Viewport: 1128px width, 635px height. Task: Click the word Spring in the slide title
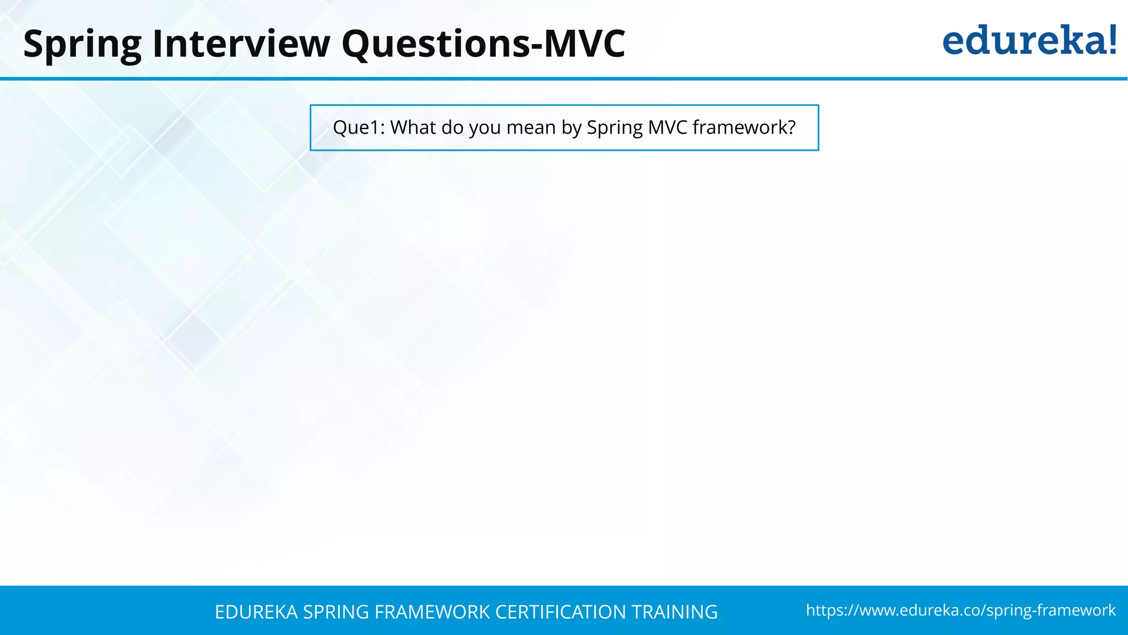(x=82, y=44)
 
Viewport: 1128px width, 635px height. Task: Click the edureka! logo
(x=1029, y=41)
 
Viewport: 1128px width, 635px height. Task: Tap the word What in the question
(x=413, y=128)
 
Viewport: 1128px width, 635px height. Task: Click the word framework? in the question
(x=744, y=128)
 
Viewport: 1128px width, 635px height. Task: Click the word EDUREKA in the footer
(x=256, y=612)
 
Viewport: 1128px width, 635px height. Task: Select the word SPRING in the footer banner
(x=336, y=612)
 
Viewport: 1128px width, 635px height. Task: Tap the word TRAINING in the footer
(x=675, y=612)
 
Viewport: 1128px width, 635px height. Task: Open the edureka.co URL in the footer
(x=961, y=610)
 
